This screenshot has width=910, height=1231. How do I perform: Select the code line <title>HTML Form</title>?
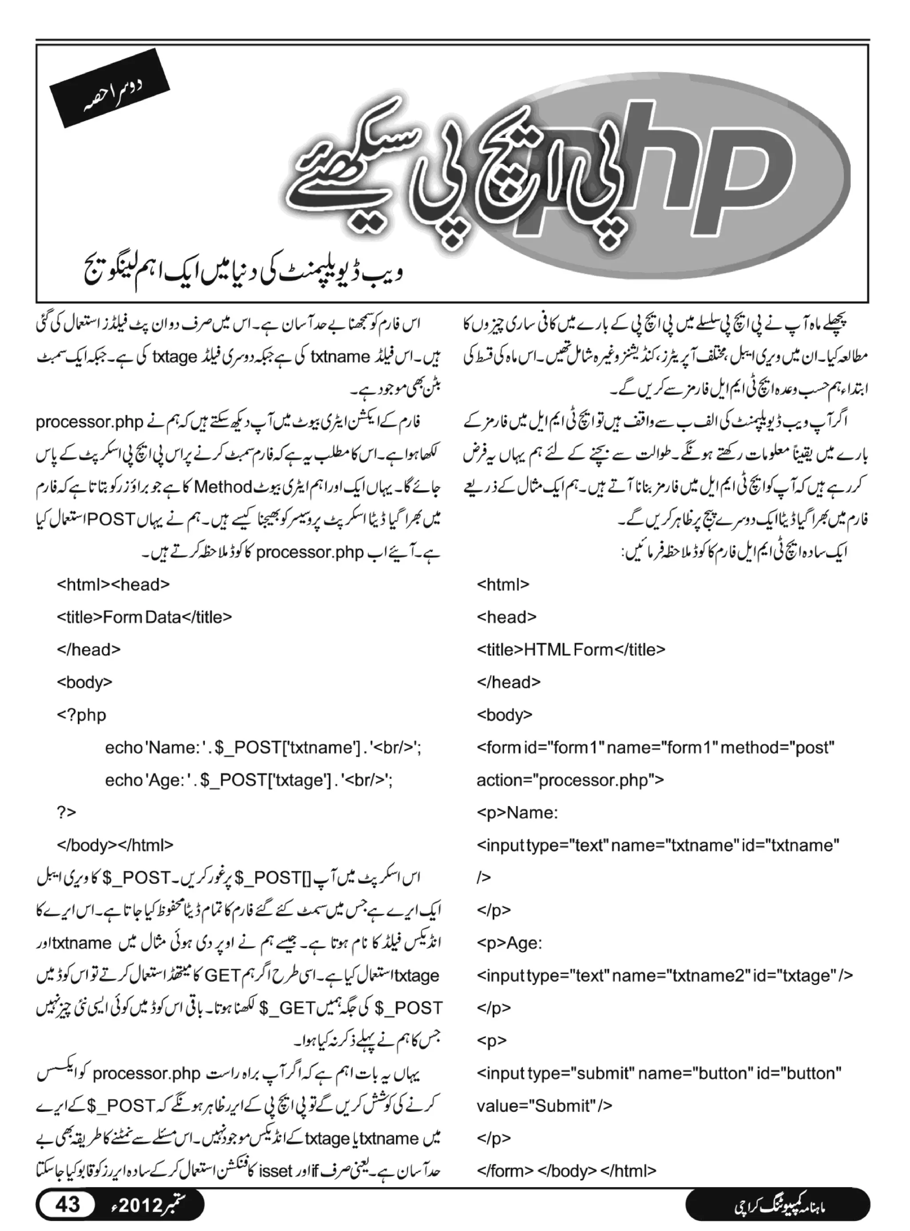pyautogui.click(x=571, y=650)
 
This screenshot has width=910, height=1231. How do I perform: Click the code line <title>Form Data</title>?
pyautogui.click(x=144, y=617)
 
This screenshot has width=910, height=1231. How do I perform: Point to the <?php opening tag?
pyautogui.click(x=81, y=715)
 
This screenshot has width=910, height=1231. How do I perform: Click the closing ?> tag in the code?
pyautogui.click(x=66, y=812)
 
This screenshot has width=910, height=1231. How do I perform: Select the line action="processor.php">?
pyautogui.click(x=570, y=780)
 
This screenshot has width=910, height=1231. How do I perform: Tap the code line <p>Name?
pyautogui.click(x=517, y=813)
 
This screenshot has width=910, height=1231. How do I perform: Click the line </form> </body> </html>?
pyautogui.click(x=566, y=1171)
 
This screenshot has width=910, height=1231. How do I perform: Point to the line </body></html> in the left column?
pyautogui.click(x=115, y=845)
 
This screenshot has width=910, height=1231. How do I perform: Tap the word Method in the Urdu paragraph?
pyautogui.click(x=223, y=487)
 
